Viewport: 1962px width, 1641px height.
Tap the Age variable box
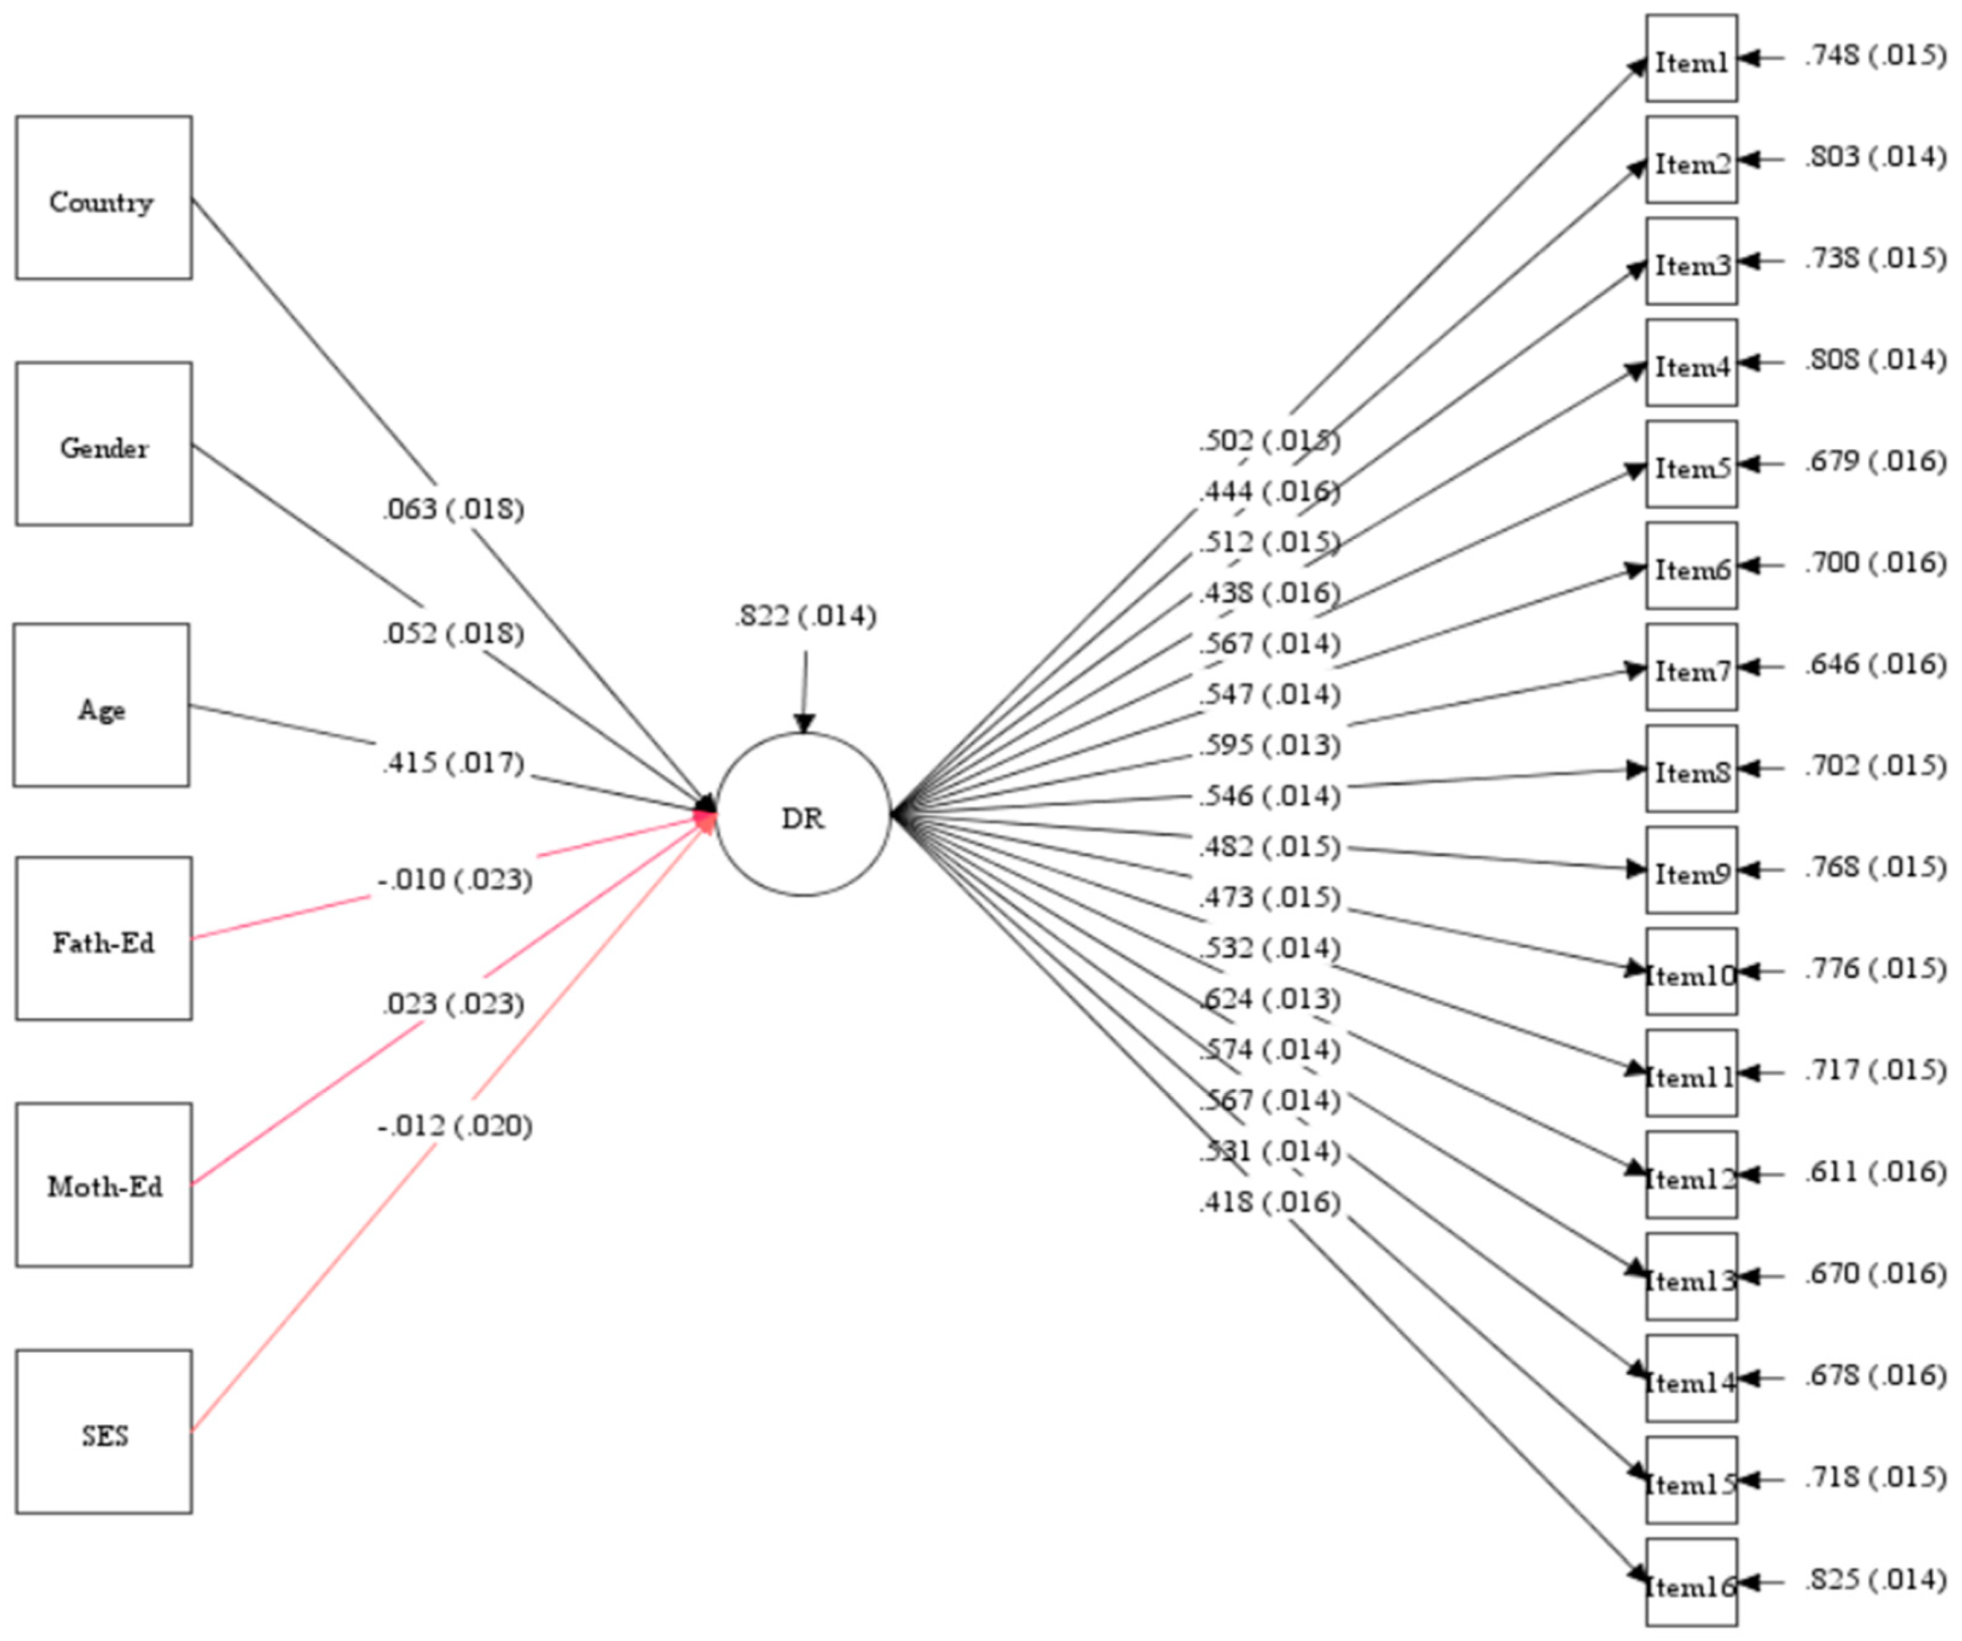[101, 705]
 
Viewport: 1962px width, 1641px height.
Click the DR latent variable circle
[803, 815]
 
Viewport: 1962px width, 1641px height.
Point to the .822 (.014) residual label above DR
[805, 617]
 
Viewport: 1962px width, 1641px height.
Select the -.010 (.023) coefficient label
[455, 880]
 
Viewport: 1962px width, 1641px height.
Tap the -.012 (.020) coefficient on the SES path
[455, 1126]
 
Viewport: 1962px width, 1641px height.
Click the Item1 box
[1691, 59]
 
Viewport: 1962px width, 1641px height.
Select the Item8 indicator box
[1691, 769]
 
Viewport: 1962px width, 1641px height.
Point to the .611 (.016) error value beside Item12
[1874, 1172]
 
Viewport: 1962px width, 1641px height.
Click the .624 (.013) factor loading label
[1270, 1000]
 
